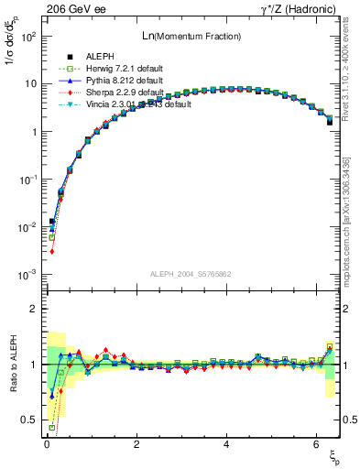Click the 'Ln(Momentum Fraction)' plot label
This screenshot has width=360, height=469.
[x=191, y=36]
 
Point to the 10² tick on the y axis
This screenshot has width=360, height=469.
[x=30, y=36]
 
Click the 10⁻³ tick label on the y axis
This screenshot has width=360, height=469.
[x=30, y=275]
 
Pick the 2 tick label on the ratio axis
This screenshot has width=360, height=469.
[x=34, y=309]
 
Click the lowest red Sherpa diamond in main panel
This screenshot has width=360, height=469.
[x=52, y=251]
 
